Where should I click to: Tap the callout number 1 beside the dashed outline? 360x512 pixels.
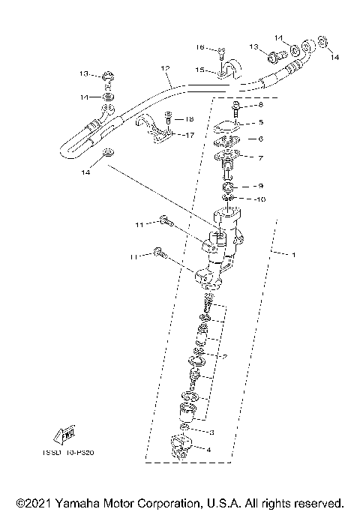tap(294, 256)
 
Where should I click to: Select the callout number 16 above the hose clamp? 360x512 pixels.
tap(200, 47)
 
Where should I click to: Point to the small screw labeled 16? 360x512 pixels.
tap(221, 52)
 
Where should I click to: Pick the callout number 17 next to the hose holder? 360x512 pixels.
tap(190, 136)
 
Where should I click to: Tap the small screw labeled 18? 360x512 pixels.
tap(169, 118)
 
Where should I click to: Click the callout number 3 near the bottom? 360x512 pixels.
tap(212, 433)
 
